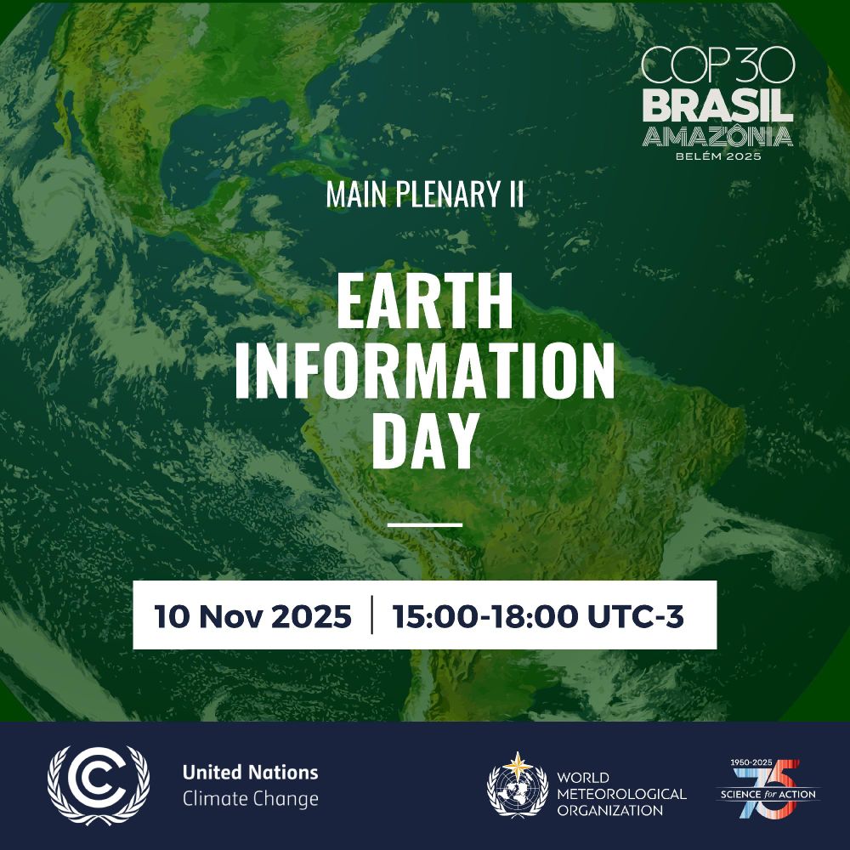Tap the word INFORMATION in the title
click(425, 371)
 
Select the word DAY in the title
click(425, 440)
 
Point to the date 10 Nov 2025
click(252, 616)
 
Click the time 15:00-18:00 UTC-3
click(538, 616)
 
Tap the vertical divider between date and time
click(372, 615)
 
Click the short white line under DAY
click(425, 524)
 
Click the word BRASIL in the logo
click(717, 106)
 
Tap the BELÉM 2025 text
click(718, 156)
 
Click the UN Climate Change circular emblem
click(98, 785)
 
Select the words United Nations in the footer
click(251, 773)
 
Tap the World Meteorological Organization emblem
click(518, 785)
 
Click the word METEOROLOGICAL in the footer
click(622, 794)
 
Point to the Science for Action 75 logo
click(768, 789)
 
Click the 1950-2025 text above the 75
click(751, 762)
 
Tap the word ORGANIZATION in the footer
click(609, 810)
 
